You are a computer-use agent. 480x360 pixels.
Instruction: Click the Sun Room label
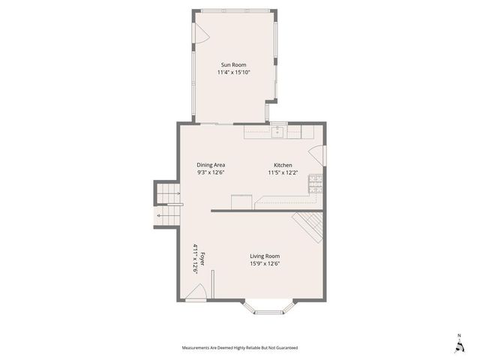232,65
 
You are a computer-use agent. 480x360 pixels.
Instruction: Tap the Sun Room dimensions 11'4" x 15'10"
232,73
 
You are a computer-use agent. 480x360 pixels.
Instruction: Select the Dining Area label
211,165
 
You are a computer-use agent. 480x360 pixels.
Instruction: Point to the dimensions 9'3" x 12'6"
211,172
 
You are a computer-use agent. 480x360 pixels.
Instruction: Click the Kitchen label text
283,165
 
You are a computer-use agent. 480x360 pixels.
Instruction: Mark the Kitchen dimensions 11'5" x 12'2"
283,172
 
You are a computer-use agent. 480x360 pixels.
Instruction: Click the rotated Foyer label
202,258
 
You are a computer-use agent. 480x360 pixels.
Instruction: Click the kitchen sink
279,130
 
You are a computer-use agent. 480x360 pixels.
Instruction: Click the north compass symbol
458,343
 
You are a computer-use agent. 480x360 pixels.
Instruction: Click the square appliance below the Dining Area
241,202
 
